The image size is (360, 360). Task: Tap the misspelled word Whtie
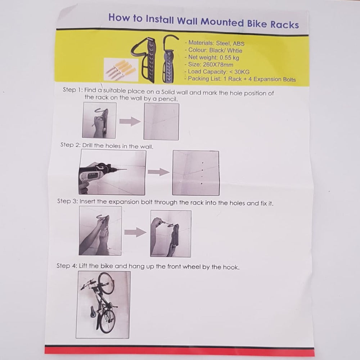[235, 50]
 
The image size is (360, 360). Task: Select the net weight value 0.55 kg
[229, 57]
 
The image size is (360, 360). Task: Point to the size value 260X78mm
[218, 64]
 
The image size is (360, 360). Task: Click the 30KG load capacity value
[242, 72]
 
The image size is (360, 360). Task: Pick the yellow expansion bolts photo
[121, 70]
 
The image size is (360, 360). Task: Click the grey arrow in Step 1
[130, 121]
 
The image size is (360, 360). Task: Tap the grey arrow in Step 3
[135, 232]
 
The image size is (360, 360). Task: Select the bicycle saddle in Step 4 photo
[93, 311]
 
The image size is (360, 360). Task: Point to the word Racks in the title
[284, 24]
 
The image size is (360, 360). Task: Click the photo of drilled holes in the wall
[195, 173]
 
